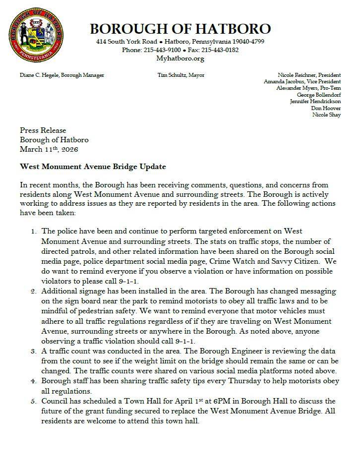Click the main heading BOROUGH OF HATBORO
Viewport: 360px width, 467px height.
click(x=180, y=29)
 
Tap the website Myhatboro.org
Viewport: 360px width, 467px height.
click(x=180, y=58)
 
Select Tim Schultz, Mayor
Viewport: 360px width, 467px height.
click(x=180, y=75)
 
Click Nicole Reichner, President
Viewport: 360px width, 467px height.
click(x=309, y=75)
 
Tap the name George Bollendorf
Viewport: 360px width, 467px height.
click(x=318, y=95)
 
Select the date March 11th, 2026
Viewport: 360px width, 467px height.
click(x=49, y=149)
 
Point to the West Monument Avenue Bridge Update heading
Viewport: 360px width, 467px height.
click(x=93, y=167)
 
